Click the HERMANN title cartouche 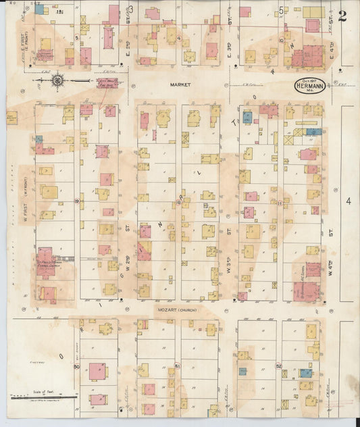click(x=310, y=86)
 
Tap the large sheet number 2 click(x=342, y=16)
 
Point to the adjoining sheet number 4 click(x=349, y=201)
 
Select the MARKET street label click(x=180, y=85)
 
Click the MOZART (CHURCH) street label click(x=177, y=309)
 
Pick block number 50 click(x=77, y=367)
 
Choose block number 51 click(x=178, y=366)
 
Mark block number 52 click(x=278, y=366)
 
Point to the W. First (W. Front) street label click(x=28, y=203)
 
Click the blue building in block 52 click(x=306, y=372)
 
